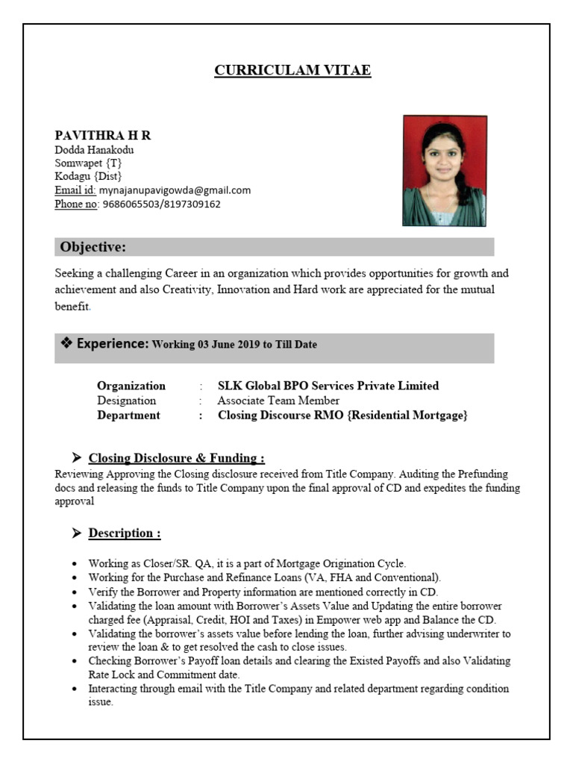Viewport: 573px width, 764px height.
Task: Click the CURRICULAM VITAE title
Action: [x=292, y=71]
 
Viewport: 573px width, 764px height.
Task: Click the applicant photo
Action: [x=445, y=171]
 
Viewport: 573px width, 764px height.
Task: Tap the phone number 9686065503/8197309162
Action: [x=161, y=204]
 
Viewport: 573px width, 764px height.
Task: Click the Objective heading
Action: [x=93, y=248]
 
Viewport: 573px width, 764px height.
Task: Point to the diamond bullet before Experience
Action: [x=66, y=343]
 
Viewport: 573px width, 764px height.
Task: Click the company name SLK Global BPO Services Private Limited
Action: [x=328, y=386]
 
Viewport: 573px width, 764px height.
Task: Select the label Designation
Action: [x=127, y=401]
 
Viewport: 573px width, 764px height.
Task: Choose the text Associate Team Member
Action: [x=278, y=401]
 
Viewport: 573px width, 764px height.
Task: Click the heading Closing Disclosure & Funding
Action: [x=176, y=458]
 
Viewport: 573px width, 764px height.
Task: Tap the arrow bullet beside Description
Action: [x=76, y=533]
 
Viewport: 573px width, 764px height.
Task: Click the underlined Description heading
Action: [x=125, y=533]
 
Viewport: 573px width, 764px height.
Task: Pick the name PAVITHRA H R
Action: [x=103, y=135]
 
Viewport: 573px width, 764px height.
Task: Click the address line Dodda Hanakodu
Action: [x=94, y=150]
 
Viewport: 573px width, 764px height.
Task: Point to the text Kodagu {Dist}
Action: [x=88, y=177]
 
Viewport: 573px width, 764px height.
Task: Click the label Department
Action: [x=128, y=416]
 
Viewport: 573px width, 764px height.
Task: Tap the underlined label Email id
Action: [x=75, y=190]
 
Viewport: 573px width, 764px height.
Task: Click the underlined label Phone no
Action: [x=77, y=204]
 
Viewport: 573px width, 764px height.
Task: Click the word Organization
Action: [x=131, y=386]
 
